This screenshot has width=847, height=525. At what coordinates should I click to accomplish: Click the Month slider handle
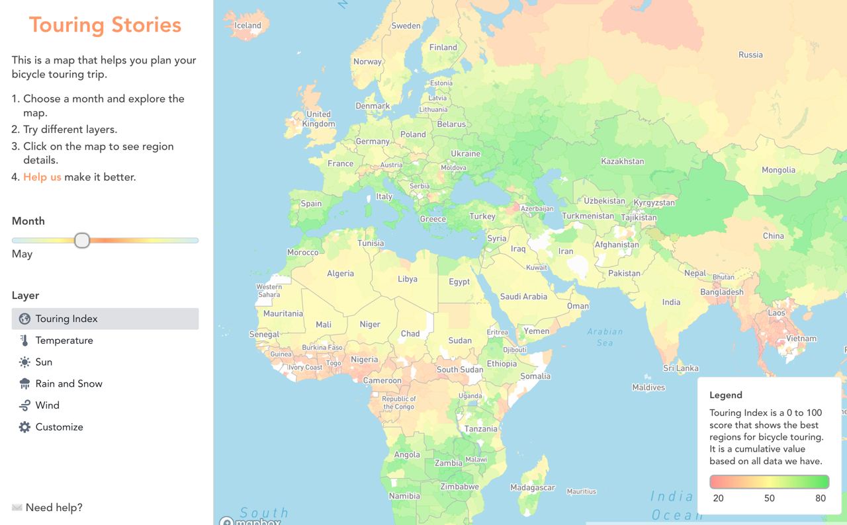pos(82,240)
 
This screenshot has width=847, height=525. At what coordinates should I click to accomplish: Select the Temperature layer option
pos(64,341)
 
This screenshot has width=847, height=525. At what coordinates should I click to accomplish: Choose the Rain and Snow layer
pos(69,384)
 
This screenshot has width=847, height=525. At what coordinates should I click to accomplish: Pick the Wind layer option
pos(48,405)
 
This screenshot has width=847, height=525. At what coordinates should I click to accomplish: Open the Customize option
pos(59,427)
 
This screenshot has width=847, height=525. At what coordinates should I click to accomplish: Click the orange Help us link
pos(42,177)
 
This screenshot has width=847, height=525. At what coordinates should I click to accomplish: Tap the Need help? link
pos(54,508)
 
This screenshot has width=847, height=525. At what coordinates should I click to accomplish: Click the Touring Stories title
pos(105,25)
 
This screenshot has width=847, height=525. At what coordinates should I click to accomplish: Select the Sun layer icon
pos(24,362)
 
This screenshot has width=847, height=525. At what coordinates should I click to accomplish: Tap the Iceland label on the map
pos(248,26)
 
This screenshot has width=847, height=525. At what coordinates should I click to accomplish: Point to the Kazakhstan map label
pos(622,161)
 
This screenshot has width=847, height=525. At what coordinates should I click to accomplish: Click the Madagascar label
pos(533,488)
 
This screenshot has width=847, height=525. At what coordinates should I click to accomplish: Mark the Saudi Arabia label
pos(523,297)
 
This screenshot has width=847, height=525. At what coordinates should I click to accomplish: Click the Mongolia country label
pos(778,170)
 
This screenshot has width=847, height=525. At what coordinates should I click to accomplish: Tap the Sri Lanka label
pos(681,368)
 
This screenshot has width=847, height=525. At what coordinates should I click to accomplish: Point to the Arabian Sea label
pos(605,337)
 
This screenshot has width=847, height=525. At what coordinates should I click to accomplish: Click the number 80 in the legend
pos(821,498)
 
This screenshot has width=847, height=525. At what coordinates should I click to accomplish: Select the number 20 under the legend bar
pos(718,498)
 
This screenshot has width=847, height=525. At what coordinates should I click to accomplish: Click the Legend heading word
pos(726,395)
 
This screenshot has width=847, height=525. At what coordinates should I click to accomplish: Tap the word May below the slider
pos(22,254)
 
